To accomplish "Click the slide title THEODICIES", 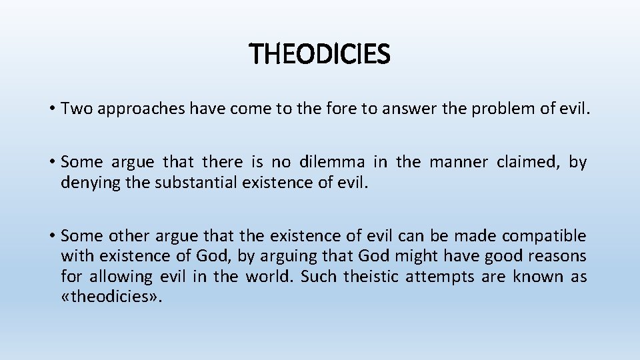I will point(319,55).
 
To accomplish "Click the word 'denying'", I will point(84,182).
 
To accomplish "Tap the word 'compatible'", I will point(544,236).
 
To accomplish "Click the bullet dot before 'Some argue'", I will point(51,162).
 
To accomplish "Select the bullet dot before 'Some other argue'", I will point(51,236).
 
